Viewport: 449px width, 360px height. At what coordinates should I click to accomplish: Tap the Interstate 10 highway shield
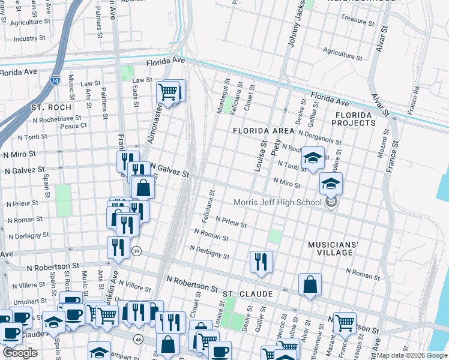55,78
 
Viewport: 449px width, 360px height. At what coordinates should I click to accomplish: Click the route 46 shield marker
139,340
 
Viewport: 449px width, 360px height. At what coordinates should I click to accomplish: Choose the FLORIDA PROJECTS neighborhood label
355,118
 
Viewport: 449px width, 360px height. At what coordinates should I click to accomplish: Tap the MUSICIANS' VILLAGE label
333,249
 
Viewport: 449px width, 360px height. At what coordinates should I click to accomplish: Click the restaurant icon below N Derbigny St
261,261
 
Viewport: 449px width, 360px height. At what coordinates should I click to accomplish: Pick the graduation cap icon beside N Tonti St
312,158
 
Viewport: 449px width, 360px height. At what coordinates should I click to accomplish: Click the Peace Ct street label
74,125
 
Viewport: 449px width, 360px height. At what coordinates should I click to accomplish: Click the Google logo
20,353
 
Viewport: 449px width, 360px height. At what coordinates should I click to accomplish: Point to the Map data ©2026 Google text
412,355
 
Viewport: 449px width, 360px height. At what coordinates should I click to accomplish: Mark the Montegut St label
223,97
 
